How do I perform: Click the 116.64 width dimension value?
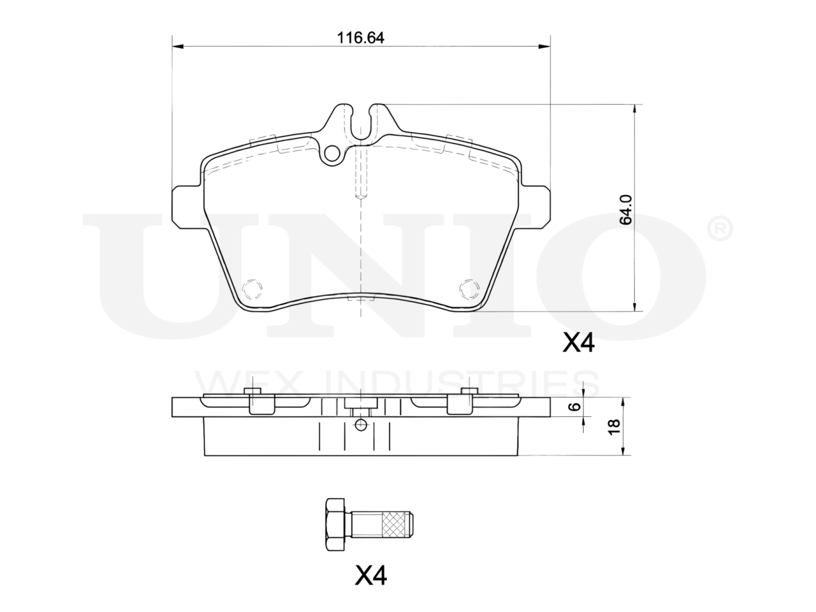360,38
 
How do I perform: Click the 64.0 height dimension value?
626,210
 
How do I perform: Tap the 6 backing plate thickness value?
575,407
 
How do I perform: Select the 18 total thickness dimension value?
614,426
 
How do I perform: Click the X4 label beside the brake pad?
578,342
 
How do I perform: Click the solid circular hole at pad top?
332,154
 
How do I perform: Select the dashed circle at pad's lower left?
252,289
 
